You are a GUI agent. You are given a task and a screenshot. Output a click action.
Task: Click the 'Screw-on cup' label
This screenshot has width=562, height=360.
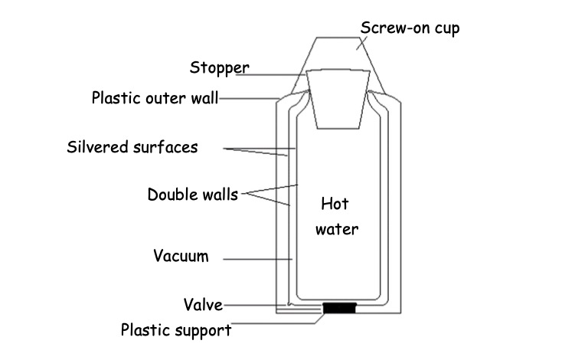(x=410, y=28)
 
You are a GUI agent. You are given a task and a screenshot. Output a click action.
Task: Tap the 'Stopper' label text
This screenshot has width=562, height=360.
(x=219, y=67)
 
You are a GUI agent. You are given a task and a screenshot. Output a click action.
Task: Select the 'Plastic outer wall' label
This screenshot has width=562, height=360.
(x=155, y=98)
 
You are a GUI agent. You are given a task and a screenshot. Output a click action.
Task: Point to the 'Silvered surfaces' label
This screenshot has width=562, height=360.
(x=132, y=146)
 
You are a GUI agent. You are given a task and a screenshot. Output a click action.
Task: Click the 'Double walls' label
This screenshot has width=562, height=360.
(x=192, y=194)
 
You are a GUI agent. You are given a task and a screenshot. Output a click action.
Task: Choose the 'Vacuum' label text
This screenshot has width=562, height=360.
(x=180, y=256)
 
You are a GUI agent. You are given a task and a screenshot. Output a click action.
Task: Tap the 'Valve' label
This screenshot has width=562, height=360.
(x=202, y=305)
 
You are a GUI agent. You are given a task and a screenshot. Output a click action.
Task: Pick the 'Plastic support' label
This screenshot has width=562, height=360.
(x=176, y=331)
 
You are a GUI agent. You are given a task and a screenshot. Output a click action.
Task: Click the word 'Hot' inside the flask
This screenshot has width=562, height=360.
(x=335, y=205)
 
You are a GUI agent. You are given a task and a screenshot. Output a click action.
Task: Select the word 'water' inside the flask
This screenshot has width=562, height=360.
(x=337, y=228)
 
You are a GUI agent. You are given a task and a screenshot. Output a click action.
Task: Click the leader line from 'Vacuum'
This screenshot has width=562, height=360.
(x=256, y=259)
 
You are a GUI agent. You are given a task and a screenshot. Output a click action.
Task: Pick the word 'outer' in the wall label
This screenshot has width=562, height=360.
(x=166, y=98)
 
